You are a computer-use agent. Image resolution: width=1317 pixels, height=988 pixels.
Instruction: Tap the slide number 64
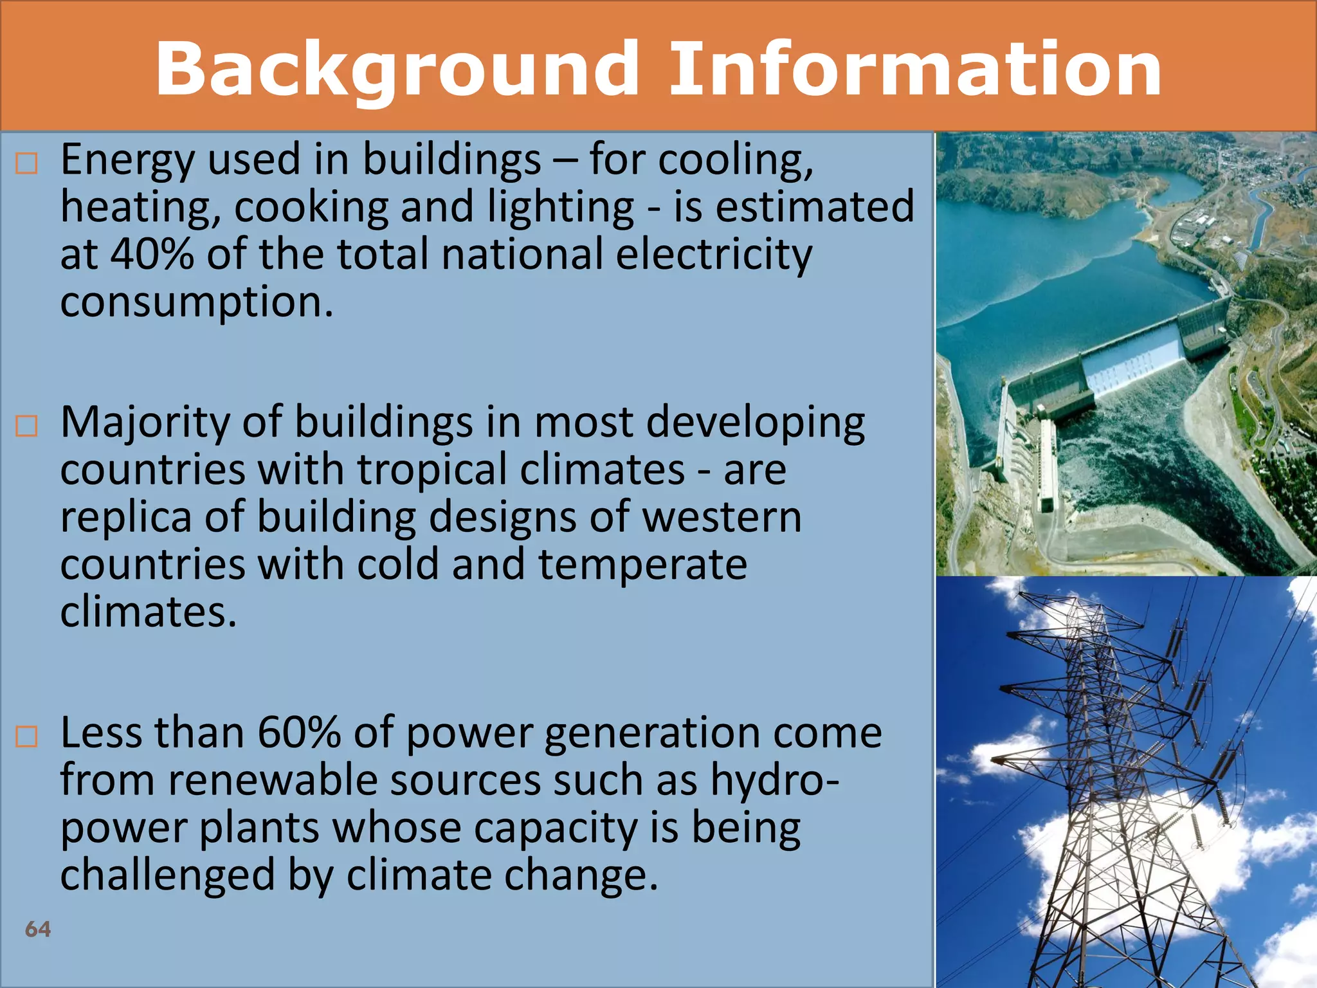(x=37, y=929)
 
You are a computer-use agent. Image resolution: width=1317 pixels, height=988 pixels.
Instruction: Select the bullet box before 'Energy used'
(x=26, y=164)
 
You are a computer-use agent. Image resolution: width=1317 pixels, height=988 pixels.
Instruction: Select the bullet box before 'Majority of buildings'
(x=26, y=426)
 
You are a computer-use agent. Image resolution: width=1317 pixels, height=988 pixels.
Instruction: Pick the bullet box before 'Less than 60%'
(x=26, y=736)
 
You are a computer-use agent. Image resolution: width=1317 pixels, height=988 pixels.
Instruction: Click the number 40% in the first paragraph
(x=152, y=254)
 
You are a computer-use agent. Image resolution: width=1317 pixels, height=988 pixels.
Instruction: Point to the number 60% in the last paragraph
(x=298, y=733)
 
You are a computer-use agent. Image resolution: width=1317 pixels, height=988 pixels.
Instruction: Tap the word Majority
(x=145, y=423)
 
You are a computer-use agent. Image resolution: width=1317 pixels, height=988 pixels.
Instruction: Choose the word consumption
(x=196, y=301)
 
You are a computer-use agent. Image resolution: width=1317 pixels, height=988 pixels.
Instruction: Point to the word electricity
(x=713, y=254)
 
